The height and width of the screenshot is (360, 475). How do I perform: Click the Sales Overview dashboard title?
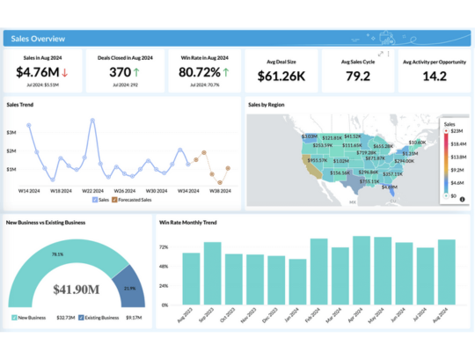click(36, 39)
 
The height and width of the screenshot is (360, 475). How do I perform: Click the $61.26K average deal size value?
click(281, 77)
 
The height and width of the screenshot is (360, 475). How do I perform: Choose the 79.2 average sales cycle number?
click(357, 77)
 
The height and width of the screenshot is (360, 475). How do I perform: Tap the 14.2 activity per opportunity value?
click(433, 77)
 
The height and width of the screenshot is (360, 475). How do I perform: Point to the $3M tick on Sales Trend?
click(11, 132)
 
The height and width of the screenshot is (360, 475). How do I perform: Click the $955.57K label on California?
click(315, 160)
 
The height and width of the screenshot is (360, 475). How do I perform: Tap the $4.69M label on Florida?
click(389, 187)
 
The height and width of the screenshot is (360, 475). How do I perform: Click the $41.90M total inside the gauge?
click(74, 288)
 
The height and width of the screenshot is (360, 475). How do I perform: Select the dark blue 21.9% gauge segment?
click(130, 288)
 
